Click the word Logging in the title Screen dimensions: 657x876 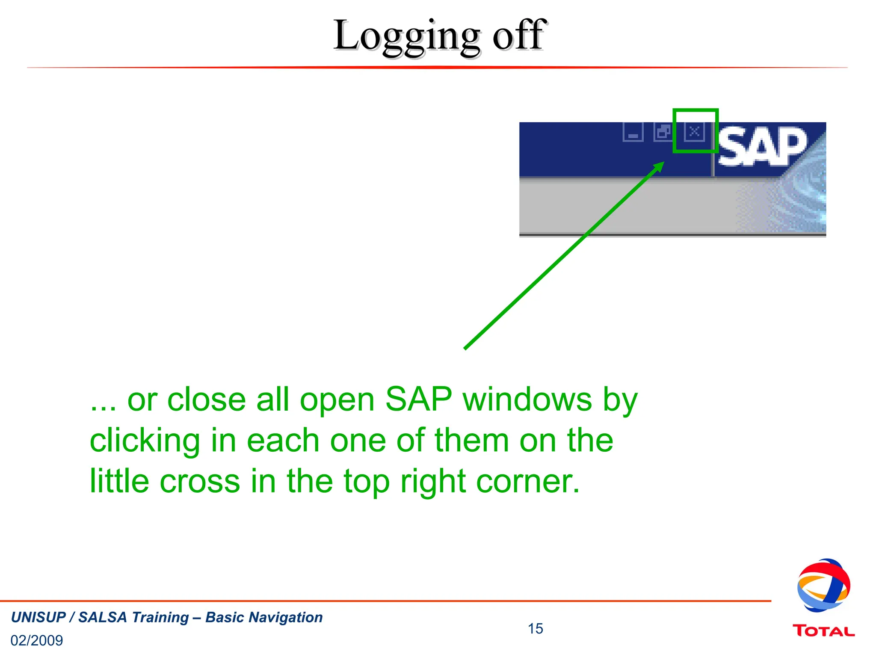tap(406, 36)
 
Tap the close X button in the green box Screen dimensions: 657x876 tap(694, 131)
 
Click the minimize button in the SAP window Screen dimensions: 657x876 tap(633, 132)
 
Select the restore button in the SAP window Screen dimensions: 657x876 tap(663, 132)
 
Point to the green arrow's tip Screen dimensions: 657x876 tap(663, 163)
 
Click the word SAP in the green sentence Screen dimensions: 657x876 tap(418, 399)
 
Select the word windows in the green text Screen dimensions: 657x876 tap(527, 399)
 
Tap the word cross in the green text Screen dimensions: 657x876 tap(200, 481)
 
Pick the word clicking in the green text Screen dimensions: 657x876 tap(145, 441)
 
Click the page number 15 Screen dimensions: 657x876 tap(535, 628)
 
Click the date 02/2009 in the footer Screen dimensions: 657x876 tap(37, 640)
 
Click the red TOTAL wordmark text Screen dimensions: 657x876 tap(823, 631)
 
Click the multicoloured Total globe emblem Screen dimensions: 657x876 tap(823, 585)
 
